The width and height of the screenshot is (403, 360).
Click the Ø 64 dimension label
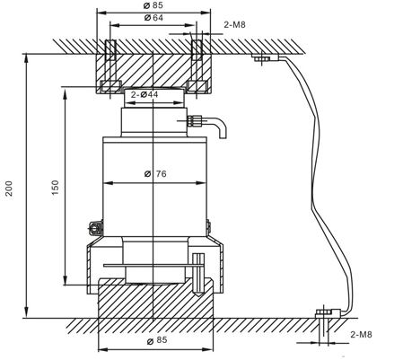(153, 18)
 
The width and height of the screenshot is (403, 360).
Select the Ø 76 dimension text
(155, 173)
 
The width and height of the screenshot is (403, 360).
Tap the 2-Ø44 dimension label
(145, 94)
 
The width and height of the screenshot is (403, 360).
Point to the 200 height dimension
(10, 189)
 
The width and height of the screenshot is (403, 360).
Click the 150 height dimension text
(56, 188)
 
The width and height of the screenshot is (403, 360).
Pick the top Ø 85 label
(153, 5)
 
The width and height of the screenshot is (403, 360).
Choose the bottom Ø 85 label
(157, 340)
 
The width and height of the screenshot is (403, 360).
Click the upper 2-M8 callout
(234, 24)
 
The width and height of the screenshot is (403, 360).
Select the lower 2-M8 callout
(361, 334)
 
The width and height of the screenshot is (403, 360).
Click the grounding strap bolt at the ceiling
(262, 57)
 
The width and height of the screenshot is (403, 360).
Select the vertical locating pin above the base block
(198, 274)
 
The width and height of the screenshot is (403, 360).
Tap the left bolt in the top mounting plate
(110, 66)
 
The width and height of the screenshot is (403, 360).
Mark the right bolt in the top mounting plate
(197, 66)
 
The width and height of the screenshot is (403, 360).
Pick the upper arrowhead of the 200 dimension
(27, 58)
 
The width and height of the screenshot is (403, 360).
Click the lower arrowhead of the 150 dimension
(65, 280)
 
